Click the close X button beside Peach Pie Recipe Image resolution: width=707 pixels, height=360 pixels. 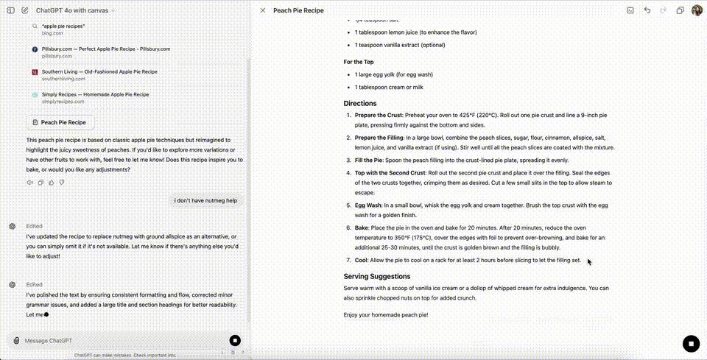[x=263, y=10]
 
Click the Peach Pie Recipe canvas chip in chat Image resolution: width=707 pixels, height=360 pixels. [x=60, y=122]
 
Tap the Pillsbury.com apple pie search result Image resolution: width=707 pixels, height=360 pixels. [x=105, y=49]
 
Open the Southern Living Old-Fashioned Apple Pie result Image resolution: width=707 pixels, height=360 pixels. [x=99, y=71]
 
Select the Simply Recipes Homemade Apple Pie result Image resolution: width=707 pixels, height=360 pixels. [x=95, y=94]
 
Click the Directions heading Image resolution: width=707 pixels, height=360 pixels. [x=360, y=104]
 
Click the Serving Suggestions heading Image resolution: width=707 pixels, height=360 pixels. [x=376, y=276]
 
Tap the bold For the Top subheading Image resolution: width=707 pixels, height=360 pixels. [x=359, y=62]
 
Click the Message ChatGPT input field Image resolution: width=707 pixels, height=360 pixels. [x=118, y=341]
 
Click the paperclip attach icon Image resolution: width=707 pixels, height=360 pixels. [x=16, y=341]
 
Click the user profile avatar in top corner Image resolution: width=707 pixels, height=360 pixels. [x=697, y=10]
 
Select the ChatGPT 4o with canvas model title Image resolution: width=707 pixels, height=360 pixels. [x=73, y=10]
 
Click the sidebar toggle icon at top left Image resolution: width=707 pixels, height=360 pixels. [x=10, y=10]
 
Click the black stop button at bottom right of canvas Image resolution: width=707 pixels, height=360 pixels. [x=690, y=343]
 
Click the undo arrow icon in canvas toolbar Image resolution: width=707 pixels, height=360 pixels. [x=647, y=10]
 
